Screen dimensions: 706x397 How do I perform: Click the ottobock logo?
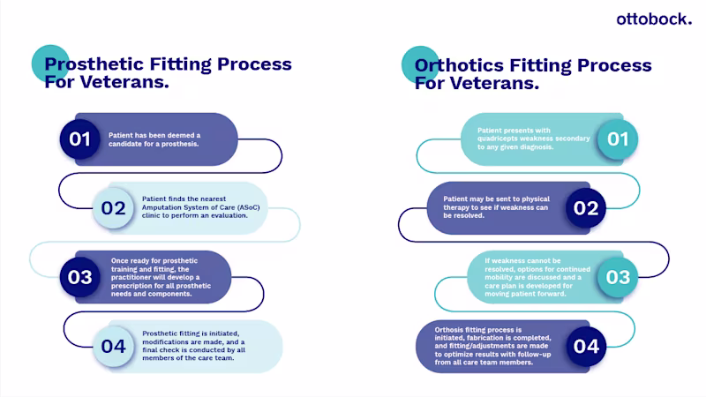tap(654, 19)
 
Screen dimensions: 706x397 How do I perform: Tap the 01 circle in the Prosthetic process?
tap(79, 139)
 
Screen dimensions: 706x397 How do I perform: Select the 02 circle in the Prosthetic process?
tap(113, 208)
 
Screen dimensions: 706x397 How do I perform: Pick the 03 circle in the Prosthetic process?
tap(79, 277)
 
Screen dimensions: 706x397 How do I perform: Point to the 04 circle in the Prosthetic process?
tap(113, 346)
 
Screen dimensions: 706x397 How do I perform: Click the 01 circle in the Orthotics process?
tap(617, 139)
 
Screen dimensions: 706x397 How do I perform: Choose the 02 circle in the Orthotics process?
tap(586, 208)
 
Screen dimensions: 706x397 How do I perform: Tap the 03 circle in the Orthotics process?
tap(617, 277)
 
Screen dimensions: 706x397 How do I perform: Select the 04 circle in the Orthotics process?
tap(586, 346)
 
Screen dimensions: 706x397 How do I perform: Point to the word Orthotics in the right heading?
tap(459, 65)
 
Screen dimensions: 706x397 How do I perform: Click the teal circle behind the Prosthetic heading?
tap(50, 64)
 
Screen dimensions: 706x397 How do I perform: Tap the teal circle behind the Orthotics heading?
tap(420, 64)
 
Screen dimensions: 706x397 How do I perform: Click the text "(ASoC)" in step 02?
tap(249, 207)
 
